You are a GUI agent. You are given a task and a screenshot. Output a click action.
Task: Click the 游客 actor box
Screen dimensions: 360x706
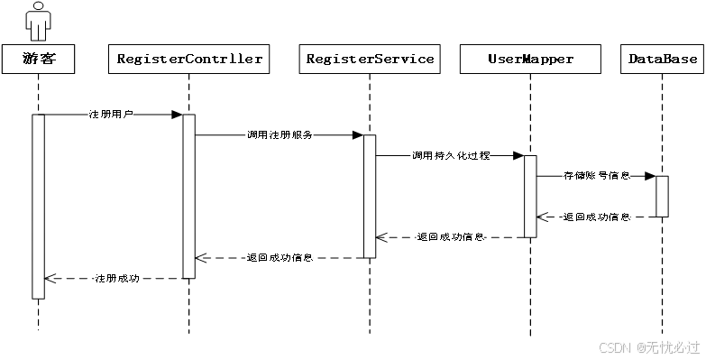[x=37, y=60]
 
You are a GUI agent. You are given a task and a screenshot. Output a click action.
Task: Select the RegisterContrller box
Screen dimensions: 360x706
[x=189, y=60]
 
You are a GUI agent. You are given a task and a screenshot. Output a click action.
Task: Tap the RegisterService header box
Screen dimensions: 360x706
[x=370, y=60]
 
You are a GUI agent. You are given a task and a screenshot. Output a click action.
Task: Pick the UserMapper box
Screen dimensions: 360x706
[x=530, y=60]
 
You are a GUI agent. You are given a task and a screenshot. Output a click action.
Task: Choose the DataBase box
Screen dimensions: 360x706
[x=663, y=60]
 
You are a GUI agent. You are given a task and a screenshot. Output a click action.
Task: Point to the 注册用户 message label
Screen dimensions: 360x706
[x=110, y=115]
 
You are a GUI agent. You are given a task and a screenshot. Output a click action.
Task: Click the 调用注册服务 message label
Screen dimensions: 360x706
[x=280, y=134]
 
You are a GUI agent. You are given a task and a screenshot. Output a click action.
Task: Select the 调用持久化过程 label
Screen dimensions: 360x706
[x=451, y=155]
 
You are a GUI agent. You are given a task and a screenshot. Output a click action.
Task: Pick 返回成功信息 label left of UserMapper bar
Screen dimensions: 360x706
[x=450, y=237]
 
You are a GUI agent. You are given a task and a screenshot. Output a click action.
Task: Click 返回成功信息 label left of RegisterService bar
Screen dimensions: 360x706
[x=280, y=257]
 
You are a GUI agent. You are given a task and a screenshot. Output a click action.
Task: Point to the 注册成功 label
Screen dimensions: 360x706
[x=117, y=278]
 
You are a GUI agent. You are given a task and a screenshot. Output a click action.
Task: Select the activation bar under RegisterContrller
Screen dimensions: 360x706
[x=189, y=196]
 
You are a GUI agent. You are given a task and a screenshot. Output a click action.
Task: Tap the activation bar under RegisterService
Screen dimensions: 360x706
[x=370, y=196]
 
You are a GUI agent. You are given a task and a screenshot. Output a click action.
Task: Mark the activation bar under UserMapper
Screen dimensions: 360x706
[x=530, y=196]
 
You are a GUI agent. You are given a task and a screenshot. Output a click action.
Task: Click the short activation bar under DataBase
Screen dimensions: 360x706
[x=662, y=196]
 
